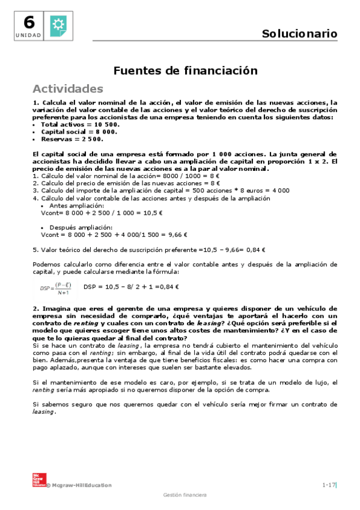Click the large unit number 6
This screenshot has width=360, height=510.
pyautogui.click(x=29, y=22)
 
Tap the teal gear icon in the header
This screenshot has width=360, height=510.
pyautogui.click(x=58, y=26)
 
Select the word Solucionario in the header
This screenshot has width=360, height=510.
pyautogui.click(x=299, y=34)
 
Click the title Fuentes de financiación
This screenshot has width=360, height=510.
pyautogui.click(x=177, y=70)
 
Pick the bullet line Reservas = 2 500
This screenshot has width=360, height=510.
pyautogui.click(x=70, y=138)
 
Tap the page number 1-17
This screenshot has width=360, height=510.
pyautogui.click(x=329, y=485)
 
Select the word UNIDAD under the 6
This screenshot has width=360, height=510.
pyautogui.click(x=29, y=36)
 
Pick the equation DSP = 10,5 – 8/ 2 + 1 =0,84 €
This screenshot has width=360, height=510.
pyautogui.click(x=131, y=286)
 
